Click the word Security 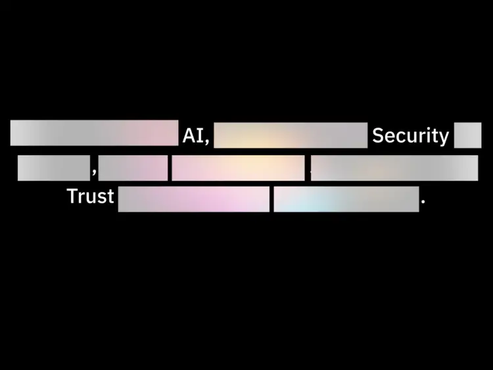point(410,135)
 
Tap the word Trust point(90,196)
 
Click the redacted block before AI point(94,133)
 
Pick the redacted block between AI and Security point(291,135)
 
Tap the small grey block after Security point(467,135)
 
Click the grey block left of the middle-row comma point(53,168)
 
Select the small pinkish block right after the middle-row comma point(133,168)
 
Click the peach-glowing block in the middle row point(238,168)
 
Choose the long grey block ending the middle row point(394,168)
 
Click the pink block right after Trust point(193,199)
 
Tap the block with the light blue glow point(346,199)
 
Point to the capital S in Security point(378,135)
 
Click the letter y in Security point(444,137)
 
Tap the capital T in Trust point(72,196)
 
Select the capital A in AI point(189,135)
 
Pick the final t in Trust point(110,197)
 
